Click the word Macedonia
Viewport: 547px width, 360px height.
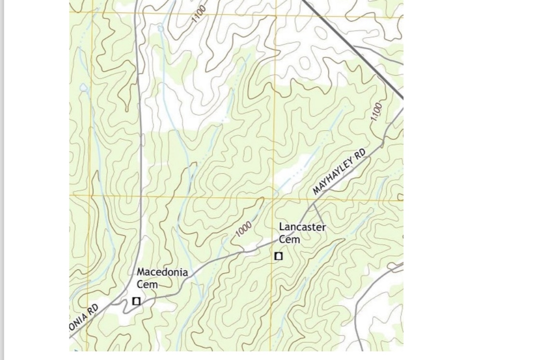pyautogui.click(x=162, y=272)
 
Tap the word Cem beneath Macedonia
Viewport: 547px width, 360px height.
pyautogui.click(x=147, y=284)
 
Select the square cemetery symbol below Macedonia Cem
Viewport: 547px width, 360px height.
pyautogui.click(x=137, y=301)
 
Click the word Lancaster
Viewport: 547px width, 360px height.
pyautogui.click(x=302, y=227)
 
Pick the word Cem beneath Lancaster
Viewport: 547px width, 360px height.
pyautogui.click(x=289, y=239)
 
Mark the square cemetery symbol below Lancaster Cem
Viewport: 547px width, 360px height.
pyautogui.click(x=278, y=256)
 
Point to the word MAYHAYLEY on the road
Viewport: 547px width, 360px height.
pyautogui.click(x=333, y=176)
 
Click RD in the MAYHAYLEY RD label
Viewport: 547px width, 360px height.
pyautogui.click(x=360, y=154)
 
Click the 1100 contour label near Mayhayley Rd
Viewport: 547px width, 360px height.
pyautogui.click(x=377, y=111)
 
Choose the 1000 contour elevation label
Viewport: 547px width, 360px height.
pyautogui.click(x=244, y=228)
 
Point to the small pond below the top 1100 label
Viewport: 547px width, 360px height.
pyautogui.click(x=160, y=29)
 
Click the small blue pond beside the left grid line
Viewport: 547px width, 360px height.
pyautogui.click(x=83, y=87)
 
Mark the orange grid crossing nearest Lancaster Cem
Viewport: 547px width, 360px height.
pyautogui.click(x=273, y=197)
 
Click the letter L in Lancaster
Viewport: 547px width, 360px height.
pyautogui.click(x=282, y=227)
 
